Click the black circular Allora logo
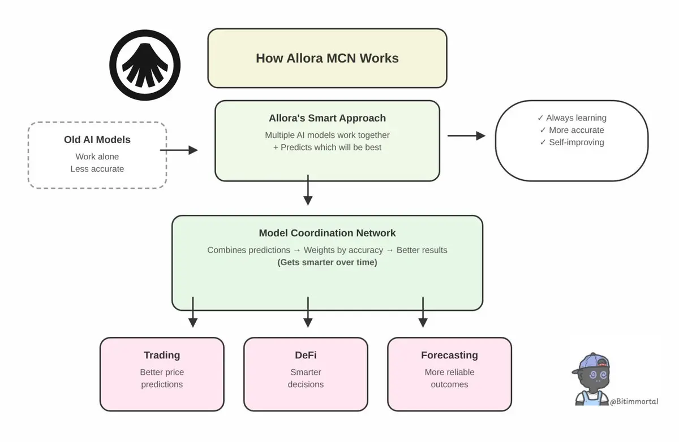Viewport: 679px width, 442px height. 145,64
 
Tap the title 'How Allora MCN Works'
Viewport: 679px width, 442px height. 327,58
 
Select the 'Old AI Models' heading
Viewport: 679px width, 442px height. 97,140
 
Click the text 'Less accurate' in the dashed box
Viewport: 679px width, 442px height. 97,168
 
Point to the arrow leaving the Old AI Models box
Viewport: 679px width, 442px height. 179,150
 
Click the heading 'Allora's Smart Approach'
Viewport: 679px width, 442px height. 327,118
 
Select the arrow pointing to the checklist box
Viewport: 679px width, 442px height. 466,136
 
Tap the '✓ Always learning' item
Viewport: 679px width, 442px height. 571,118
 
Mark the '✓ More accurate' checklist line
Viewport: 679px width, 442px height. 571,130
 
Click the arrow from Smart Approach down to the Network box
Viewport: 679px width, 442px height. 308,190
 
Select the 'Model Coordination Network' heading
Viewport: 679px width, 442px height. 327,233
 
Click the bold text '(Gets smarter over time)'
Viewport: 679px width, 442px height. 327,262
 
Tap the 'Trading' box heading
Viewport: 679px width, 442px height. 162,355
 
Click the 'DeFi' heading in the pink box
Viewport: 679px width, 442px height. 306,355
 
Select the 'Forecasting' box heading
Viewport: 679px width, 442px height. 449,355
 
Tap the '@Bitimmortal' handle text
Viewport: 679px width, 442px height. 634,401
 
